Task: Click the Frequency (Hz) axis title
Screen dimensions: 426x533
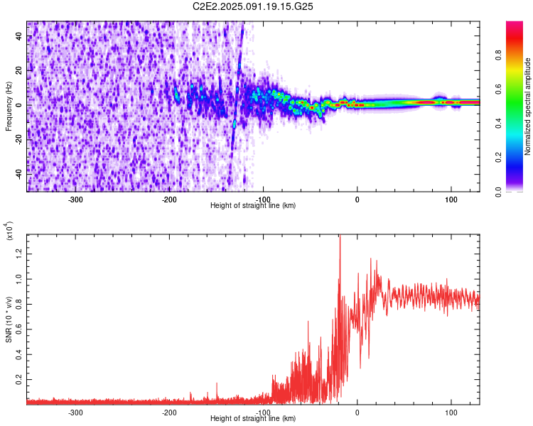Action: pos(9,106)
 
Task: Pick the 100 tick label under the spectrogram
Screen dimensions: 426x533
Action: pos(451,198)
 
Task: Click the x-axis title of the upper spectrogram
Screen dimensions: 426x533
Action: pos(253,205)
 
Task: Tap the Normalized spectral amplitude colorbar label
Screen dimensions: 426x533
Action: pos(527,106)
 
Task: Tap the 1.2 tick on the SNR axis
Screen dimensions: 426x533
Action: pos(19,253)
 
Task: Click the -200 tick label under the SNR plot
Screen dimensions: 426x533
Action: pos(169,412)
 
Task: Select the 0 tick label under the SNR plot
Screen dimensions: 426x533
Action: pos(357,412)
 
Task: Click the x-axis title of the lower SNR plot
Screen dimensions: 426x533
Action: pos(253,419)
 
